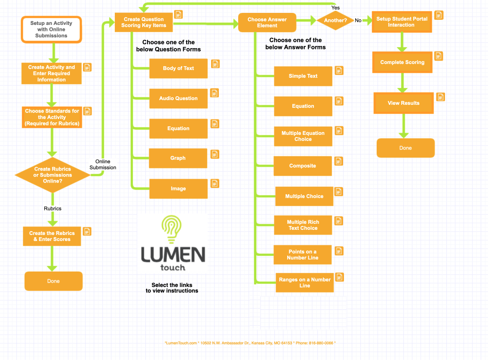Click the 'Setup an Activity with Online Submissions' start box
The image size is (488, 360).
tap(51, 30)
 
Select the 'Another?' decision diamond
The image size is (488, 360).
tap(335, 21)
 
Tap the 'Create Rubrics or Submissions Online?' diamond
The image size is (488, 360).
tap(52, 175)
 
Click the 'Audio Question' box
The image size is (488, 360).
tap(178, 98)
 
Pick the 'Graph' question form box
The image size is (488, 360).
tap(178, 158)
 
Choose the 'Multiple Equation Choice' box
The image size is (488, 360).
tap(303, 136)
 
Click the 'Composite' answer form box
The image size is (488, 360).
tap(303, 166)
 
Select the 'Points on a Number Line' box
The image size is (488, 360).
tap(303, 255)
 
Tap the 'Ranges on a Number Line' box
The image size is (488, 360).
tap(304, 283)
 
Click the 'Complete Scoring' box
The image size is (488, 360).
tap(402, 62)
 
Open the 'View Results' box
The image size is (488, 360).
tap(403, 103)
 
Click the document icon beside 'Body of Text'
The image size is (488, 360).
tap(215, 64)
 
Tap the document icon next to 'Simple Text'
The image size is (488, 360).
tap(339, 70)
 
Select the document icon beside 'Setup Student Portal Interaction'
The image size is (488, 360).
tap(439, 15)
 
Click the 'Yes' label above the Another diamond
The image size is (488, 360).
tap(335, 8)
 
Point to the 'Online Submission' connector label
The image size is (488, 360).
tap(103, 165)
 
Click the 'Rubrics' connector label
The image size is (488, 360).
tap(52, 208)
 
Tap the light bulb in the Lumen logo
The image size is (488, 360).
tap(172, 230)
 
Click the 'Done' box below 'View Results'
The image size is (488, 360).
tap(405, 148)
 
